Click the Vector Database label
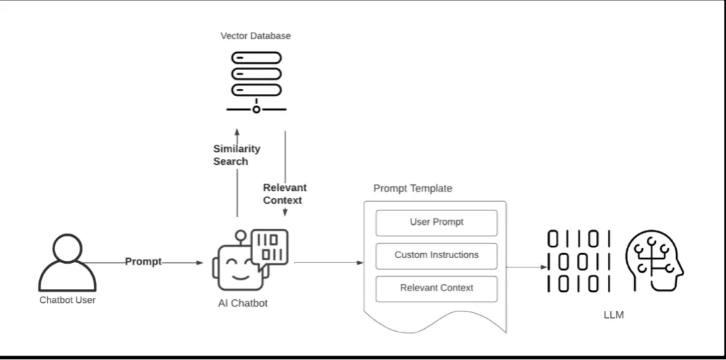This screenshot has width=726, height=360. [x=257, y=35]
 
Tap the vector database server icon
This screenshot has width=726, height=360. [x=257, y=80]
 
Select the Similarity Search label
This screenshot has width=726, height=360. [x=236, y=154]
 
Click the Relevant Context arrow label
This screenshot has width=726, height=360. [x=283, y=193]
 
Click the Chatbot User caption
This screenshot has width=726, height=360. [x=67, y=299]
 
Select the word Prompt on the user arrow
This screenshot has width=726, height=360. [x=143, y=262]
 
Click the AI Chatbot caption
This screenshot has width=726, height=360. [x=243, y=303]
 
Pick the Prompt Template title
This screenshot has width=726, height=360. [x=412, y=189]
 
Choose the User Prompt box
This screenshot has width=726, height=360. [x=437, y=223]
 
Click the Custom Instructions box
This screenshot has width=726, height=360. [x=437, y=255]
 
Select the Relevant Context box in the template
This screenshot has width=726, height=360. [x=437, y=288]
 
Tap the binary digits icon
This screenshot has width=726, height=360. [x=578, y=261]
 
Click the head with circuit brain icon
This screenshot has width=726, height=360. [x=652, y=261]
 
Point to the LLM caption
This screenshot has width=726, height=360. [x=612, y=315]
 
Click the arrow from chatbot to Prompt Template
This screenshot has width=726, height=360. [x=329, y=262]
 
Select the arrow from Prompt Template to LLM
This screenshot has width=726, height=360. [x=526, y=267]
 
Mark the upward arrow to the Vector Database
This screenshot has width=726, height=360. [x=237, y=173]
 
